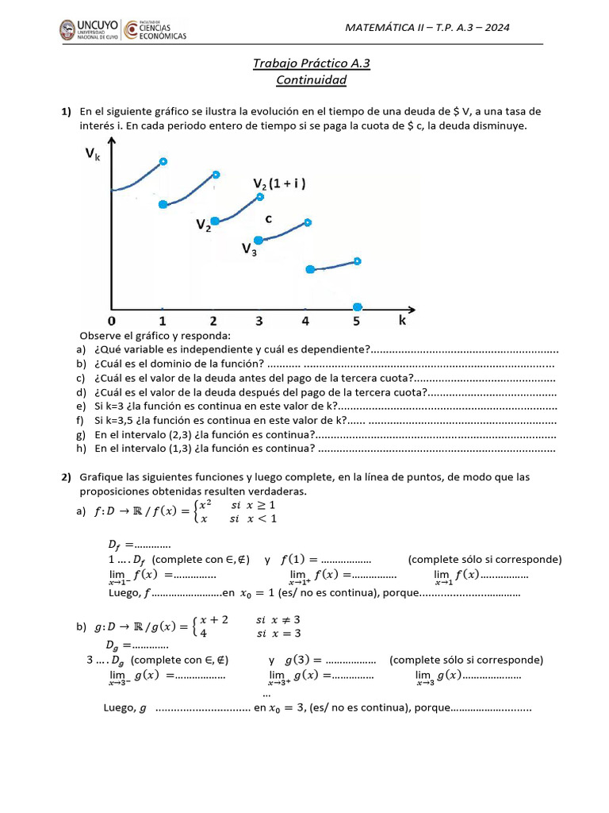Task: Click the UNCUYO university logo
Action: point(87,30)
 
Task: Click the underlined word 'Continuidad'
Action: point(311,79)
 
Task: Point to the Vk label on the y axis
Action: point(94,156)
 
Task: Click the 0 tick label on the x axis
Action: point(112,321)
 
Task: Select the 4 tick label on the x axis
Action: point(306,321)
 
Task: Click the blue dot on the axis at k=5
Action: point(358,306)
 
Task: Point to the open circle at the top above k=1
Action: point(163,162)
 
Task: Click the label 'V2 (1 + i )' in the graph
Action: point(280,184)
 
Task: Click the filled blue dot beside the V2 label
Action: point(215,222)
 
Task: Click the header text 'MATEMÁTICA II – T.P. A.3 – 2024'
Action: point(427,28)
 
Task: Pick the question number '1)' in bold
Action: point(67,111)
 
